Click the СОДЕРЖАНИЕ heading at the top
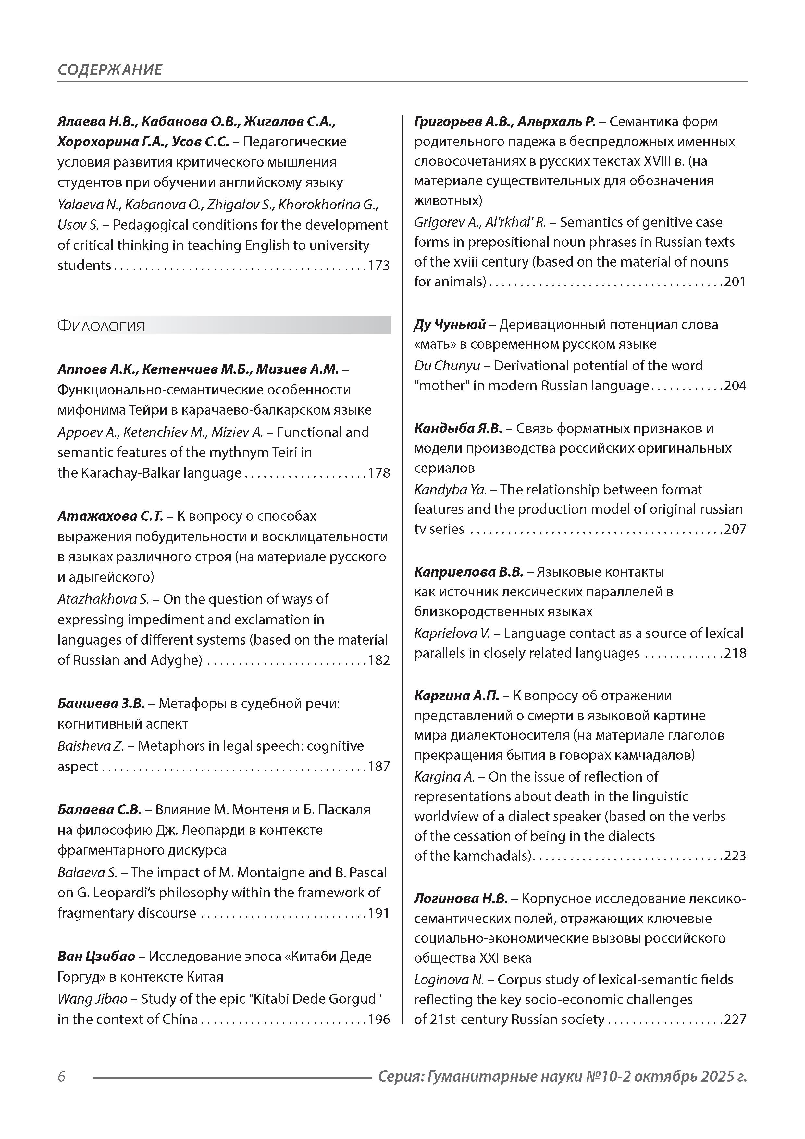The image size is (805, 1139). [x=110, y=69]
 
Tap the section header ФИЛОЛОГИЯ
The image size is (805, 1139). [x=101, y=326]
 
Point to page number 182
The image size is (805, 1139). [x=378, y=661]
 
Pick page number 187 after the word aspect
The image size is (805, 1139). [x=378, y=767]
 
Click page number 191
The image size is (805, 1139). [x=378, y=914]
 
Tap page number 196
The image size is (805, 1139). [x=378, y=1020]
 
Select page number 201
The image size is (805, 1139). [x=735, y=282]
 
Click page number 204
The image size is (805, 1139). [x=735, y=386]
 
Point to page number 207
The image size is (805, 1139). [x=735, y=529]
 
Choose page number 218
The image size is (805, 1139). [x=735, y=653]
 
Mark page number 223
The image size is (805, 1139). [x=735, y=856]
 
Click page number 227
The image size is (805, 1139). [x=735, y=1020]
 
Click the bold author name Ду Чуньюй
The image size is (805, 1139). [x=449, y=325]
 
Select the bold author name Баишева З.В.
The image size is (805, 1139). [x=101, y=704]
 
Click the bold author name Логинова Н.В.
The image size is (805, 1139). [x=461, y=899]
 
